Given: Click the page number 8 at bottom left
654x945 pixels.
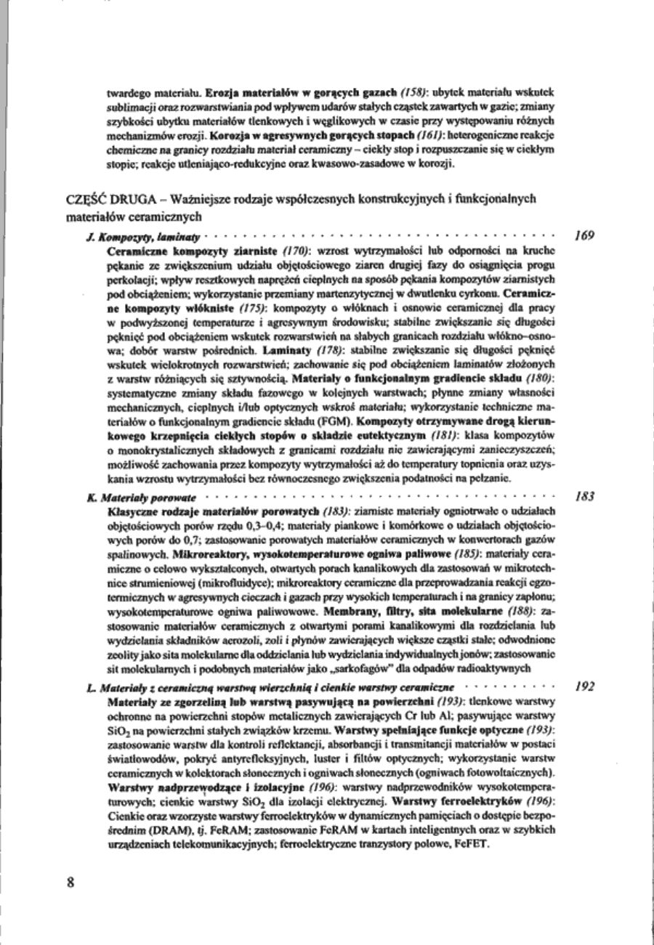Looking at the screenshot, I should (x=70, y=883).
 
